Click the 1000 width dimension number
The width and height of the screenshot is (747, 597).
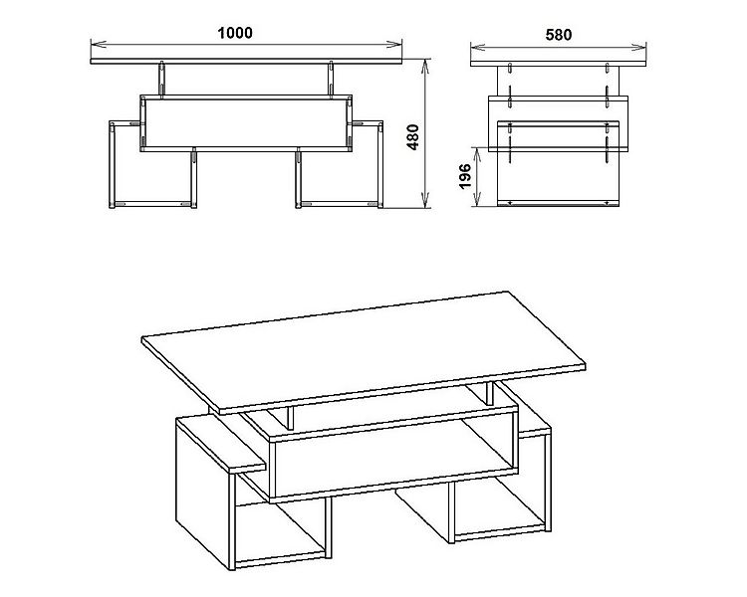[235, 32]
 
